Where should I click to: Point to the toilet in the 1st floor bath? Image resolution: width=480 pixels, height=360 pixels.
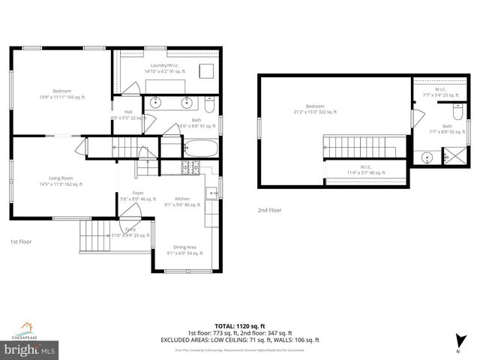[x=210, y=103]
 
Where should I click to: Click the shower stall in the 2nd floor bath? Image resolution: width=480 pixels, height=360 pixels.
[x=454, y=157]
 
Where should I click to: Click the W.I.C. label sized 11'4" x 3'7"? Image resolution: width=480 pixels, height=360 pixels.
[x=366, y=169]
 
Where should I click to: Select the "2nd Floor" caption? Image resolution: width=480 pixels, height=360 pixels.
[x=270, y=210]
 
